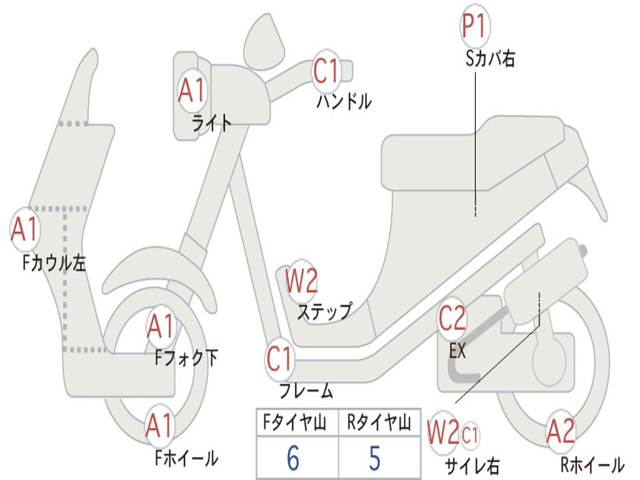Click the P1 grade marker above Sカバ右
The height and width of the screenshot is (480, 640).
click(474, 26)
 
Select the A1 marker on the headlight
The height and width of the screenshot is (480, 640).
click(192, 90)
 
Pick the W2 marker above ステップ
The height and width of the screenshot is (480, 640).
click(301, 281)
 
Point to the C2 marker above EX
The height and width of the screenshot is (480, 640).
click(452, 318)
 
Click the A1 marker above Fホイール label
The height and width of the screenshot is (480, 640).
click(159, 426)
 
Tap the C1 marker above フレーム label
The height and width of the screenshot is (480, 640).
click(279, 359)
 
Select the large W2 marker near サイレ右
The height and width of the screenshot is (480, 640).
click(443, 432)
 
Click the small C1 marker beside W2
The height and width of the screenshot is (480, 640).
click(470, 435)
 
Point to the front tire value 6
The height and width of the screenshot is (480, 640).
click(293, 457)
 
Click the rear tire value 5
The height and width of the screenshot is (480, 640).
click(375, 457)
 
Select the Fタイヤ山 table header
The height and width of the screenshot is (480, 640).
click(295, 422)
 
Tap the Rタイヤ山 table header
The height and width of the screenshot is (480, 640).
click(379, 422)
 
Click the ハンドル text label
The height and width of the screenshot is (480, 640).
click(344, 101)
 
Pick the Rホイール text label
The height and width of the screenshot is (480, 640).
click(592, 464)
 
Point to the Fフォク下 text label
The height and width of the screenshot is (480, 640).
click(186, 358)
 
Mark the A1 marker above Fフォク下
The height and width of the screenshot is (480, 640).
click(161, 326)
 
